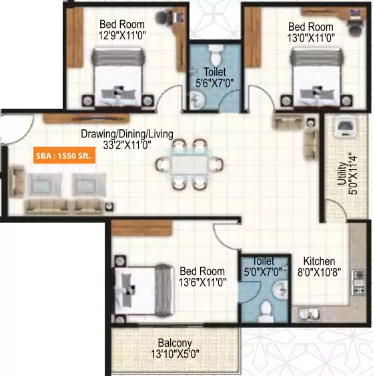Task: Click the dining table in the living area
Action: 188,164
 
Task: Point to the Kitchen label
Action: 319,261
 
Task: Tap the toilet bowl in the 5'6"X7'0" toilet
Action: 214,53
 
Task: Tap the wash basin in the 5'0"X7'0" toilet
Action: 282,288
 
